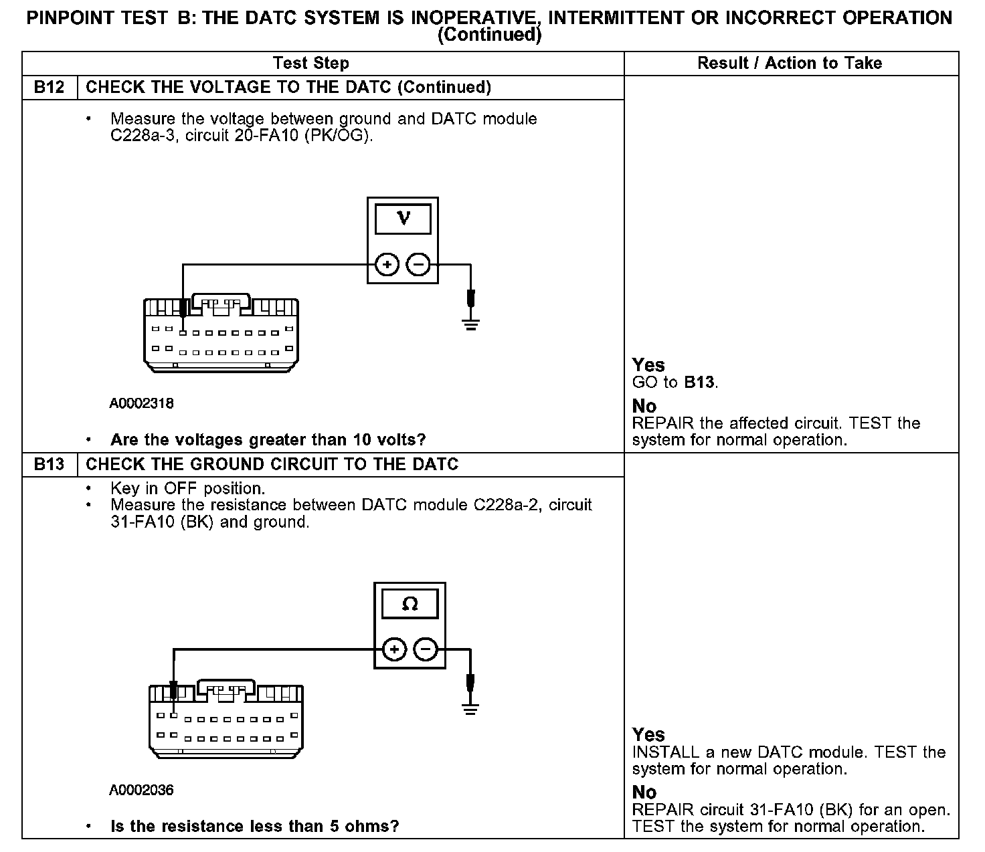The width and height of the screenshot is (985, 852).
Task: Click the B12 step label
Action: point(49,88)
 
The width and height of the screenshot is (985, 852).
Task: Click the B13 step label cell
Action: point(49,465)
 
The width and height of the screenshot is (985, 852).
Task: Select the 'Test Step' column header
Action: point(310,64)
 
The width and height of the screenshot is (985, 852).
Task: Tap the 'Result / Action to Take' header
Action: point(790,64)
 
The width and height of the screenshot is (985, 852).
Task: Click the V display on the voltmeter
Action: point(403,219)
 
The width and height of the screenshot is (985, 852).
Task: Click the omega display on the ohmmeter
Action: point(410,605)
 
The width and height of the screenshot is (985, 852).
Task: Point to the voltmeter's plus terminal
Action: point(387,265)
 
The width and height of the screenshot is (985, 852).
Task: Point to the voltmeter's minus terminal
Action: point(419,265)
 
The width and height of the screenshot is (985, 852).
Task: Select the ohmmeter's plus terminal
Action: point(394,649)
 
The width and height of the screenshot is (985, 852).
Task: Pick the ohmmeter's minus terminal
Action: point(426,649)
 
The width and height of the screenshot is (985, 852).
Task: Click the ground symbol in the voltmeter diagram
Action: point(471,325)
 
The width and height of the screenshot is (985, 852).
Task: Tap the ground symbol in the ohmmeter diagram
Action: point(471,709)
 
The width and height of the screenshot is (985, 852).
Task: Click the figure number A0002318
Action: point(142,403)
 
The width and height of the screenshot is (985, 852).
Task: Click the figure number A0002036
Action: point(142,790)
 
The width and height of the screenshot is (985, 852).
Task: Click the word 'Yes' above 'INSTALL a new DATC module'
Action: point(648,735)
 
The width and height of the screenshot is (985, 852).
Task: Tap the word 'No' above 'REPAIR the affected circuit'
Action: point(644,407)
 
